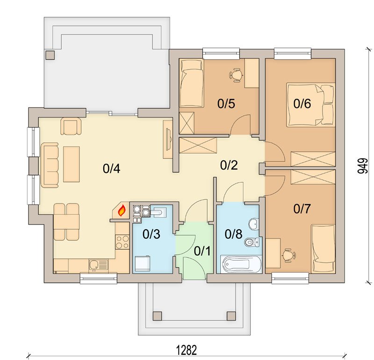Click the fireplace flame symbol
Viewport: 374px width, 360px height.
click(x=122, y=211)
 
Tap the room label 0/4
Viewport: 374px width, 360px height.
click(x=111, y=169)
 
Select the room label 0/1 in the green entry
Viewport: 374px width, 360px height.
click(x=202, y=251)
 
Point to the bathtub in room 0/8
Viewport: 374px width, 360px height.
click(x=241, y=264)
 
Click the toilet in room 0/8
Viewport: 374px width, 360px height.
click(x=252, y=242)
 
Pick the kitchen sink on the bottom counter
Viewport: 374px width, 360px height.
click(x=98, y=265)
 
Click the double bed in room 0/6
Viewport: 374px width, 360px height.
click(x=311, y=105)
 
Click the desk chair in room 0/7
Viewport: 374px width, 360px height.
click(x=289, y=255)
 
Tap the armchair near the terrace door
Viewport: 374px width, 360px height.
click(x=71, y=126)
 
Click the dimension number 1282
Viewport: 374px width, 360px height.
click(x=187, y=350)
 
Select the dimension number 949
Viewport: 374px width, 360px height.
click(x=363, y=166)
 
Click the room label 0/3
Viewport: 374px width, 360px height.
click(x=151, y=234)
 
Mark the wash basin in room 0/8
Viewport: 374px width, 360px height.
click(x=254, y=224)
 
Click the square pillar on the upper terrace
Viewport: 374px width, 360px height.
click(x=50, y=55)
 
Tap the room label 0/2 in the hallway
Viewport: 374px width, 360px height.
click(x=229, y=165)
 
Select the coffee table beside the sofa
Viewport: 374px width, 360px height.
click(x=72, y=164)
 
